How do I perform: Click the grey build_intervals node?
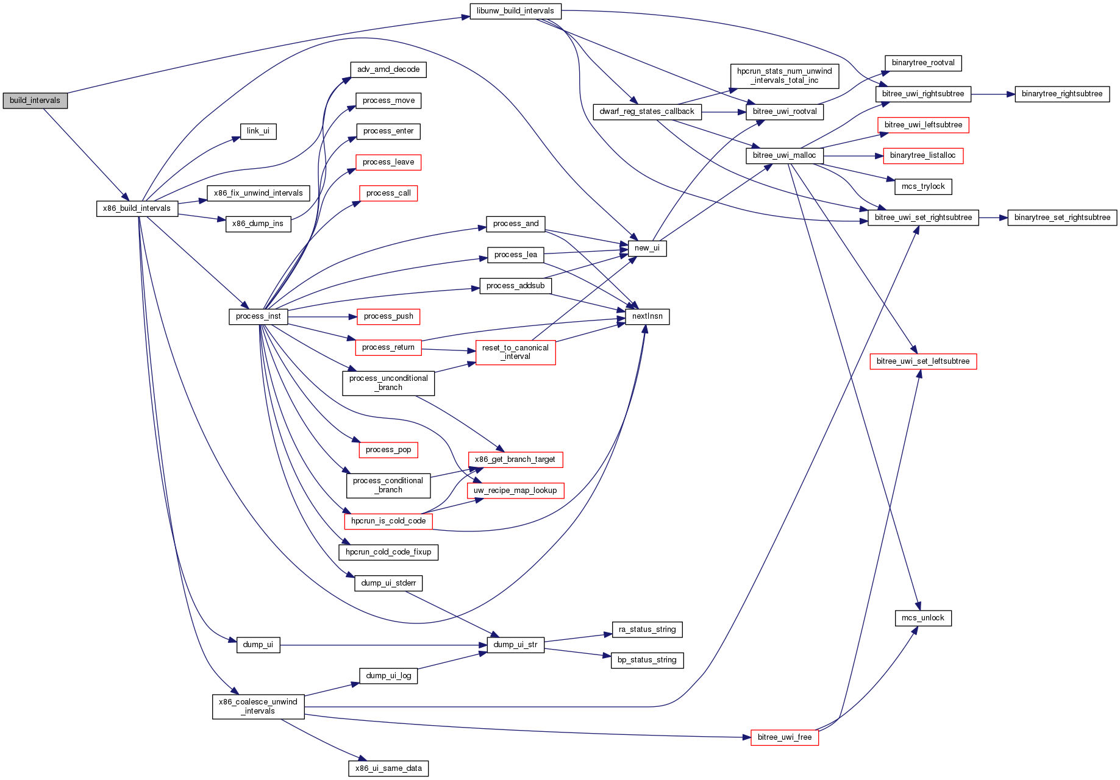(x=35, y=101)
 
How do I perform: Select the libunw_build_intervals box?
(x=515, y=11)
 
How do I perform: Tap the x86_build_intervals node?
(x=137, y=208)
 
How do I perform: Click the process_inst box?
(x=258, y=316)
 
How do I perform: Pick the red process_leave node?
(x=388, y=162)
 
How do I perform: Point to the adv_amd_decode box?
(x=388, y=69)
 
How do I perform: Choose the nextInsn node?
(x=647, y=316)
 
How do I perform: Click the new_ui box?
(x=647, y=248)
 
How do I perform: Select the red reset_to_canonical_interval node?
(x=515, y=352)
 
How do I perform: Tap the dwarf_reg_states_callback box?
(x=647, y=112)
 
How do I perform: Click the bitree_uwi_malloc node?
(x=784, y=155)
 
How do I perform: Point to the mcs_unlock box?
(x=922, y=618)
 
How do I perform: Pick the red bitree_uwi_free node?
(x=784, y=737)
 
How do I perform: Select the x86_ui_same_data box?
(x=388, y=768)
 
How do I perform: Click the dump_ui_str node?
(x=515, y=645)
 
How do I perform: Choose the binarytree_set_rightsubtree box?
(x=1062, y=218)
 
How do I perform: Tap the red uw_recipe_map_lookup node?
(x=515, y=491)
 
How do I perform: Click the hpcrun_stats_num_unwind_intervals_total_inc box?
(x=784, y=76)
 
